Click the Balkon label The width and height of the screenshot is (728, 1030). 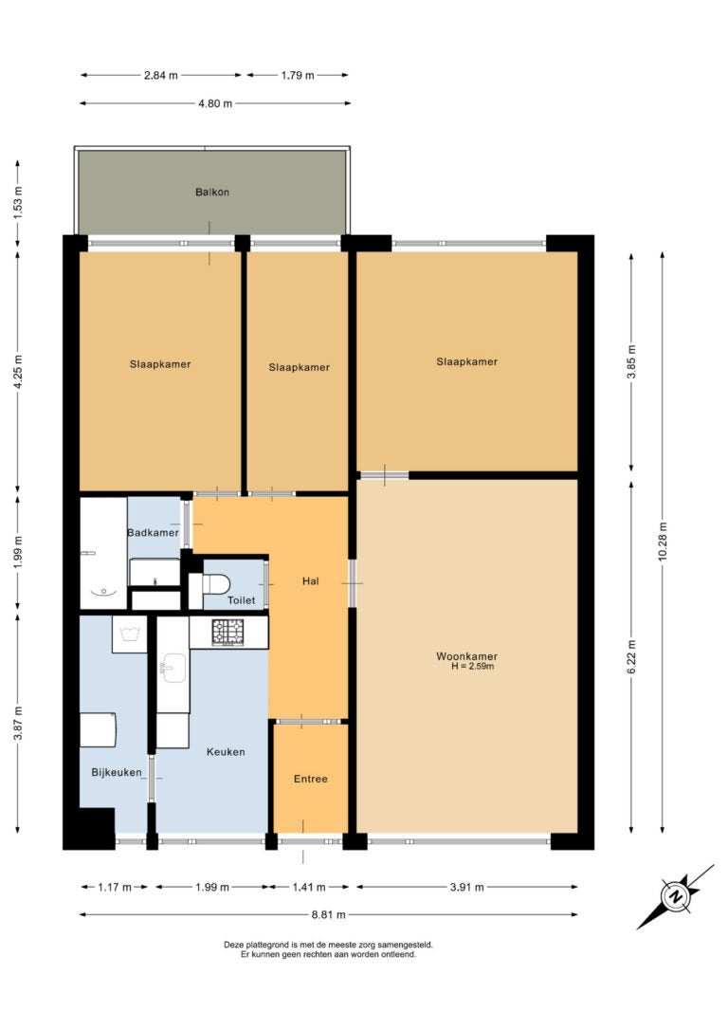pos(212,192)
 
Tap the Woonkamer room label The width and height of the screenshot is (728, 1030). pos(466,655)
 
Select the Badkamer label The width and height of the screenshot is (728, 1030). pos(153,532)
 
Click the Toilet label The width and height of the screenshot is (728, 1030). pos(241,599)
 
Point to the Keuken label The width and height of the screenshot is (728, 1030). pos(226,751)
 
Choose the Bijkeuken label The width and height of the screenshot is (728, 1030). pos(117,772)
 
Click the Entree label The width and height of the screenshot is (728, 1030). pos(311,779)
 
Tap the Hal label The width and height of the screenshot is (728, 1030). pos(311,580)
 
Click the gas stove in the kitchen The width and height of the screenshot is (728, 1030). pos(227,632)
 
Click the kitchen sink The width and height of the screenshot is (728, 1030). pos(173,669)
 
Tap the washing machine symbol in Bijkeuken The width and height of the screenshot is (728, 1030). pos(129,634)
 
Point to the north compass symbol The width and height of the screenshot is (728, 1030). pos(675,896)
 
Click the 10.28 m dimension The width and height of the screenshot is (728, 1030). pos(663,542)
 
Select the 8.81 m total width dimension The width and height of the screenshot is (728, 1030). pos(328,913)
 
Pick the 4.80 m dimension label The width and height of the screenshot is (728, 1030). pos(215,103)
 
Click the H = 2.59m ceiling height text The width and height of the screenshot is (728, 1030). pos(473,666)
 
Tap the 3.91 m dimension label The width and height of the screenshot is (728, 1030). pos(466,887)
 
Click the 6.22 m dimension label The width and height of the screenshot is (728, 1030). pos(631,657)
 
